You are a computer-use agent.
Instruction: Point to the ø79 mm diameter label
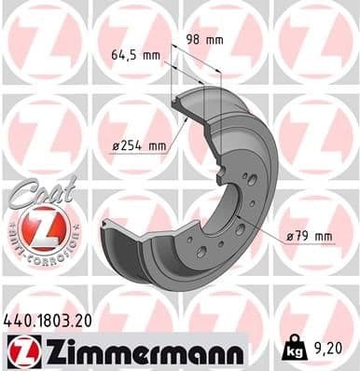pos(310,236)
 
